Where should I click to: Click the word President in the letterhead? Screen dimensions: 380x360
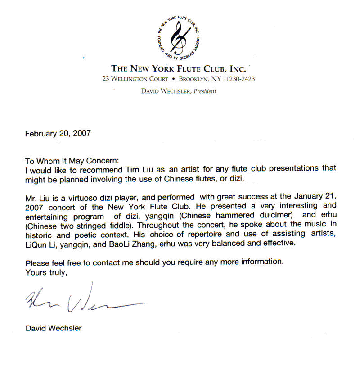[202, 91]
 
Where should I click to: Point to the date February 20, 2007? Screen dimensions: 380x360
[58, 133]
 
